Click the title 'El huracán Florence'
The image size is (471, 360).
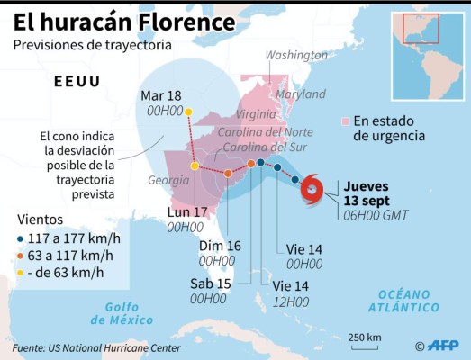pos(121,21)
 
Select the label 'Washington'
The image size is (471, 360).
pos(293,56)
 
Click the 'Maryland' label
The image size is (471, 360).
pos(300,94)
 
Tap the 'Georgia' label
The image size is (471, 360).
pos(169,181)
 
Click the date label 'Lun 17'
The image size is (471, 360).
pos(187,212)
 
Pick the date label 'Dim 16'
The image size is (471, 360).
pos(219,246)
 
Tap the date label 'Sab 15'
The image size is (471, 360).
pos(210,283)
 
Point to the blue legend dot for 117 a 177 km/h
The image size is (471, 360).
pos(21,239)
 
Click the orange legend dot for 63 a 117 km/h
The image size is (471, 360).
pos(21,256)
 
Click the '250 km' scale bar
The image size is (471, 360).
pos(364,343)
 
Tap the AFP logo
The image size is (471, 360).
pos(442,346)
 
